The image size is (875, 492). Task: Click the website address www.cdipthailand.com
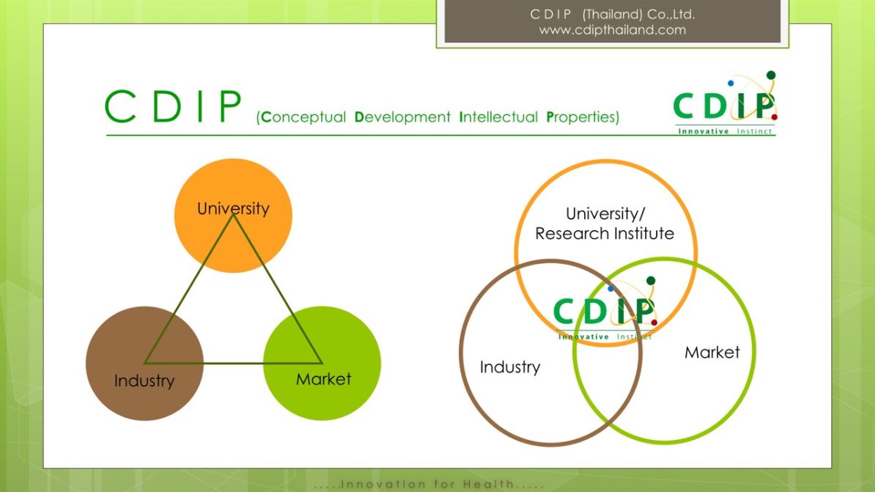612,30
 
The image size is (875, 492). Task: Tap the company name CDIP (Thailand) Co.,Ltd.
612,14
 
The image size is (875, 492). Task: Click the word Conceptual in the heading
303,117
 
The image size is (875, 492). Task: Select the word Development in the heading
402,117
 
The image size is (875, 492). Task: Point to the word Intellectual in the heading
498,117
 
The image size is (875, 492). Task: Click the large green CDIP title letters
173,106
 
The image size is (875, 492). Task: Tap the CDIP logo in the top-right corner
725,103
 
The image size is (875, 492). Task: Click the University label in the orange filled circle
233,208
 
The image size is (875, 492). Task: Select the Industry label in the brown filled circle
144,381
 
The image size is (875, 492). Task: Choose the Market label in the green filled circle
324,379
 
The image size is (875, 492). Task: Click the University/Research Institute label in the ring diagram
605,224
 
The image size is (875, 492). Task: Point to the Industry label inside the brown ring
510,367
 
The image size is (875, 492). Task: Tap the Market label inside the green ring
712,353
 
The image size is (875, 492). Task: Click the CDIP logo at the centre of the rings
605,308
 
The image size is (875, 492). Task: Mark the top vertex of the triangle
233,213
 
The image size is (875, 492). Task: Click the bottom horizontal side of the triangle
233,363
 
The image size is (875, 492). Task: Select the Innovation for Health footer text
429,484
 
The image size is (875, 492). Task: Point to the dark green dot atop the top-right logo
771,76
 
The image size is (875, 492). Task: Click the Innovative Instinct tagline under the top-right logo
725,131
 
